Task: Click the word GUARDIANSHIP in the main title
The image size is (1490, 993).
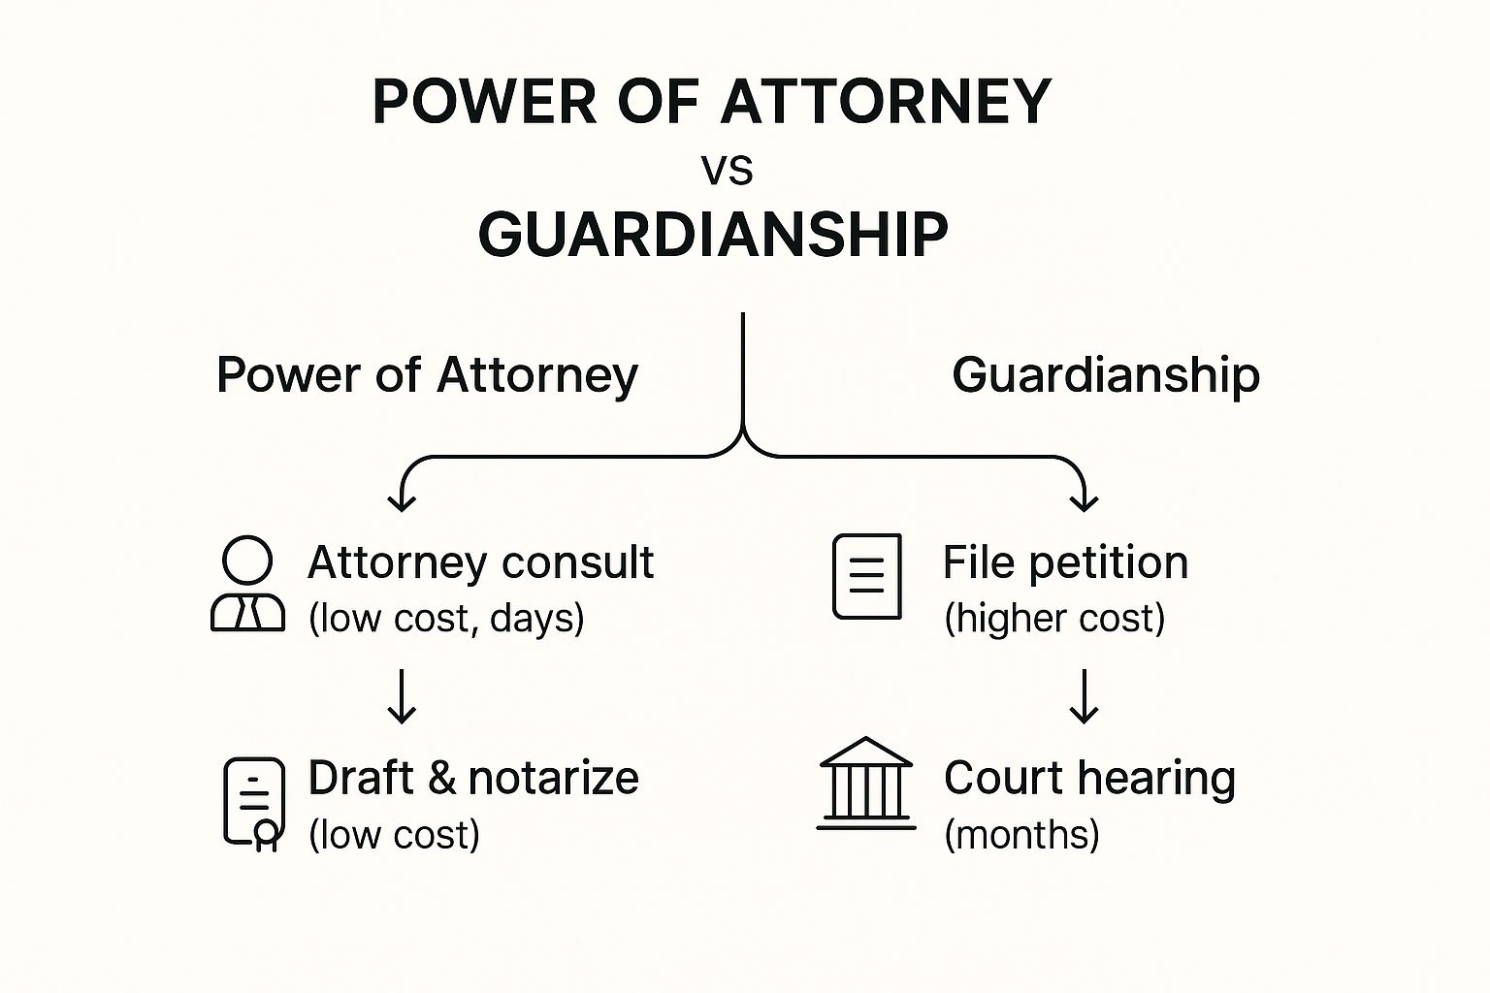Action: [713, 235]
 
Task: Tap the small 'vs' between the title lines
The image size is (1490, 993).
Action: [727, 171]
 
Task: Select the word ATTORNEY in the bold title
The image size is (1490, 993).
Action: [886, 102]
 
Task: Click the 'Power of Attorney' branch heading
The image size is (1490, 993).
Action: [427, 375]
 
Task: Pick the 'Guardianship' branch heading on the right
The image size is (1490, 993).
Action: [1105, 375]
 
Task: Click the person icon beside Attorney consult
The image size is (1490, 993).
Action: [247, 585]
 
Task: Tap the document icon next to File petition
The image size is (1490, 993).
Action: [867, 576]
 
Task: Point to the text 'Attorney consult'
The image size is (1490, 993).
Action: [480, 562]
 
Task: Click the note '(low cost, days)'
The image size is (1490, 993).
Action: [446, 619]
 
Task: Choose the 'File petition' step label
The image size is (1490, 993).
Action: [1065, 562]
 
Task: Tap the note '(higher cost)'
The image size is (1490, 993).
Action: [1054, 619]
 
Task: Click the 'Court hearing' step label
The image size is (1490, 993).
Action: [1089, 778]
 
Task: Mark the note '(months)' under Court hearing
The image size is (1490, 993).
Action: [1021, 835]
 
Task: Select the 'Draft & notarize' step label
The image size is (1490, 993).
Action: [473, 778]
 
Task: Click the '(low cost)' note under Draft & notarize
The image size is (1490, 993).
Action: [394, 835]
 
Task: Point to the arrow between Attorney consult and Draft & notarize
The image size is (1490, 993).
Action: [402, 696]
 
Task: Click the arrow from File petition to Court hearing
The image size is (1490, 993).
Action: [1084, 696]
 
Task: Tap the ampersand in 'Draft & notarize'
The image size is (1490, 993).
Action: [441, 779]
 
